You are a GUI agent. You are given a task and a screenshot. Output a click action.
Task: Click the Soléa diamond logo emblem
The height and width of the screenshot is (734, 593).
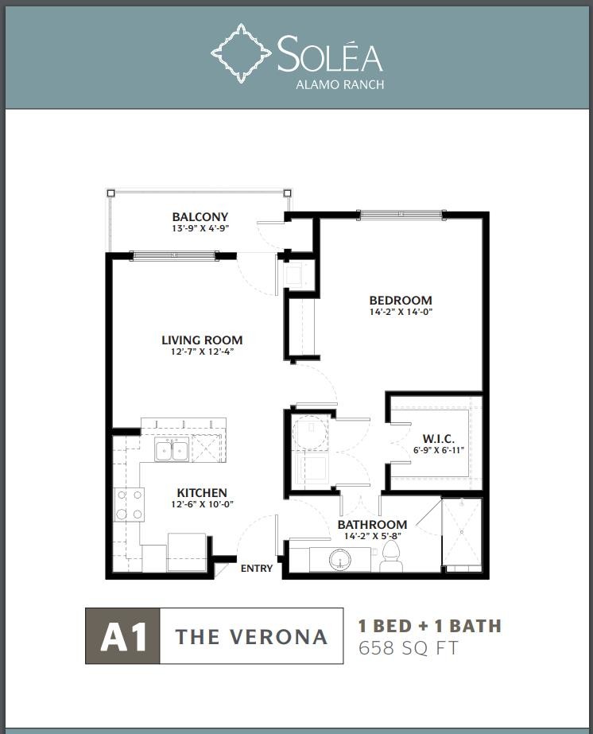pyautogui.click(x=241, y=53)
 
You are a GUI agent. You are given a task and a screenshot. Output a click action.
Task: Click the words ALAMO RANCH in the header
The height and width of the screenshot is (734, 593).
pyautogui.click(x=339, y=85)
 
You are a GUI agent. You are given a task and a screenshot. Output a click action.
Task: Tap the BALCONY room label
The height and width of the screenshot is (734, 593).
pyautogui.click(x=200, y=217)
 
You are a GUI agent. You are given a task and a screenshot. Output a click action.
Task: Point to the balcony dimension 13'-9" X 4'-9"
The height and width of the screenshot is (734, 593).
pyautogui.click(x=200, y=228)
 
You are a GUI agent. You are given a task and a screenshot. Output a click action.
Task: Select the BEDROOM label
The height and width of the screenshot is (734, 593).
pyautogui.click(x=401, y=300)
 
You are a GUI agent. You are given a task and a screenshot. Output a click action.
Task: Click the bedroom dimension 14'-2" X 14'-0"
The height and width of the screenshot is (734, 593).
pyautogui.click(x=401, y=312)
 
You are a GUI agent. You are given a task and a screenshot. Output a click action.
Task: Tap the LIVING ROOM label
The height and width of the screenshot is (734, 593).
pyautogui.click(x=202, y=340)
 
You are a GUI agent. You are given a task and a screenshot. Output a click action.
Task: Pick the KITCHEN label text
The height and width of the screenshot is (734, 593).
pyautogui.click(x=202, y=492)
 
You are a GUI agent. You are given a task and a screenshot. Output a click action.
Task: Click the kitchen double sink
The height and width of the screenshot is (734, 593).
pyautogui.click(x=172, y=451)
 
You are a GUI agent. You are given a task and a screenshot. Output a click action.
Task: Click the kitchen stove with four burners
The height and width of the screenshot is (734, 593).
pyautogui.click(x=129, y=504)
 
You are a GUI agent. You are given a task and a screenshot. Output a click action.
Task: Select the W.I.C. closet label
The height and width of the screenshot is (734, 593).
pyautogui.click(x=439, y=439)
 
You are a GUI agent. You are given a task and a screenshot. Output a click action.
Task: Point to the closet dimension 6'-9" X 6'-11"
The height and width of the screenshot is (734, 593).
pyautogui.click(x=439, y=450)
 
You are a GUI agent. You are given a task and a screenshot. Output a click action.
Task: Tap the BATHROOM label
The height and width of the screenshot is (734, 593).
pyautogui.click(x=373, y=524)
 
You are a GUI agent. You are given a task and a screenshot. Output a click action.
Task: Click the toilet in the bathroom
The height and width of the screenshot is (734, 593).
pyautogui.click(x=391, y=556)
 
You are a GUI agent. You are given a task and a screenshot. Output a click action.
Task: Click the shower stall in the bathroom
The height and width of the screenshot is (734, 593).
pyautogui.click(x=462, y=534)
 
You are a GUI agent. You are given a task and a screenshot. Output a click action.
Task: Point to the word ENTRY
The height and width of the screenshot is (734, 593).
pyautogui.click(x=257, y=569)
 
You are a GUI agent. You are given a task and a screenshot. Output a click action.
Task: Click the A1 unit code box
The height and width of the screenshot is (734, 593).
pyautogui.click(x=122, y=635)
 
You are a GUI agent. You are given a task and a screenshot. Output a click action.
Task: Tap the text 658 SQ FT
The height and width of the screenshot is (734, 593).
pyautogui.click(x=408, y=648)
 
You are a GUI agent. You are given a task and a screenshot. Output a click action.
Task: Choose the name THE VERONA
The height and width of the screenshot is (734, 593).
pyautogui.click(x=251, y=637)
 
